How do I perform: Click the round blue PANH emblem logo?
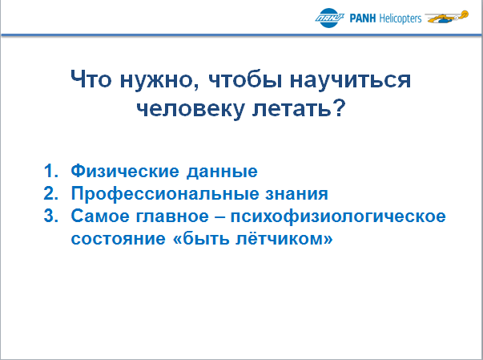point(329,18)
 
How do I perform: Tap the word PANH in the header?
point(363,18)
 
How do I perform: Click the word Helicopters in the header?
point(400,18)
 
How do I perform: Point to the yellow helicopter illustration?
point(447,17)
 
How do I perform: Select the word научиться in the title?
point(350,80)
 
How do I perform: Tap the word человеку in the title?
point(191,109)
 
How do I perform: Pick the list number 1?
point(50,171)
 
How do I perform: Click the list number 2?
point(50,193)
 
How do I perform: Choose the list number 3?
point(50,216)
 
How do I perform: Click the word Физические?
point(125,171)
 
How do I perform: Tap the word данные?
point(222,172)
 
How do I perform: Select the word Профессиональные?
point(165,194)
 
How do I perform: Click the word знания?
point(296,194)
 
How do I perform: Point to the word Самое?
point(100,216)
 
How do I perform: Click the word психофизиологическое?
point(338,216)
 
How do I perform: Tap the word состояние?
point(119,239)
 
